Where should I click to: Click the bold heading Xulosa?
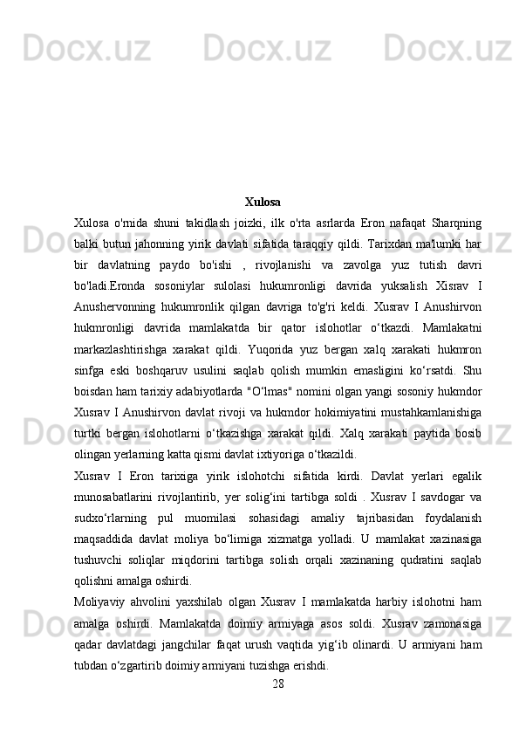coord(263,203)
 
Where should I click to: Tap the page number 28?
coord(277,682)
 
